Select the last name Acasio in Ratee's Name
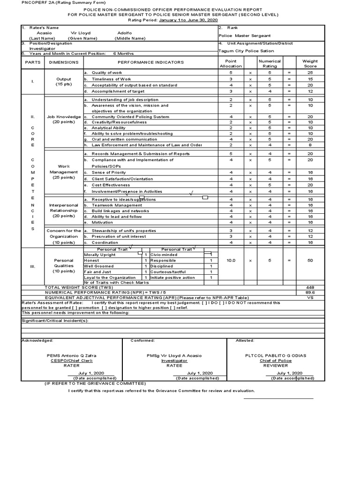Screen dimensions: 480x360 pos(45,33)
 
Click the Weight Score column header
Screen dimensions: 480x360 pos(310,63)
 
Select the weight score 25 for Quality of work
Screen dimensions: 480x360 pos(310,73)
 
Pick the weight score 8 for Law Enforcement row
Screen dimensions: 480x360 pos(310,145)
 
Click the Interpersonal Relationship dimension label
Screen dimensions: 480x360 pos(64,210)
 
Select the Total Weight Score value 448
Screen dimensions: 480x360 pos(310,287)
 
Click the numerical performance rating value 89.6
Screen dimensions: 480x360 pos(310,292)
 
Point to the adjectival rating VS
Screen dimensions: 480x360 pos(310,297)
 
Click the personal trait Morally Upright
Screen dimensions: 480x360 pos(99,255)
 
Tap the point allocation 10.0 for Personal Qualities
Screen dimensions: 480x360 pos(231,260)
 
